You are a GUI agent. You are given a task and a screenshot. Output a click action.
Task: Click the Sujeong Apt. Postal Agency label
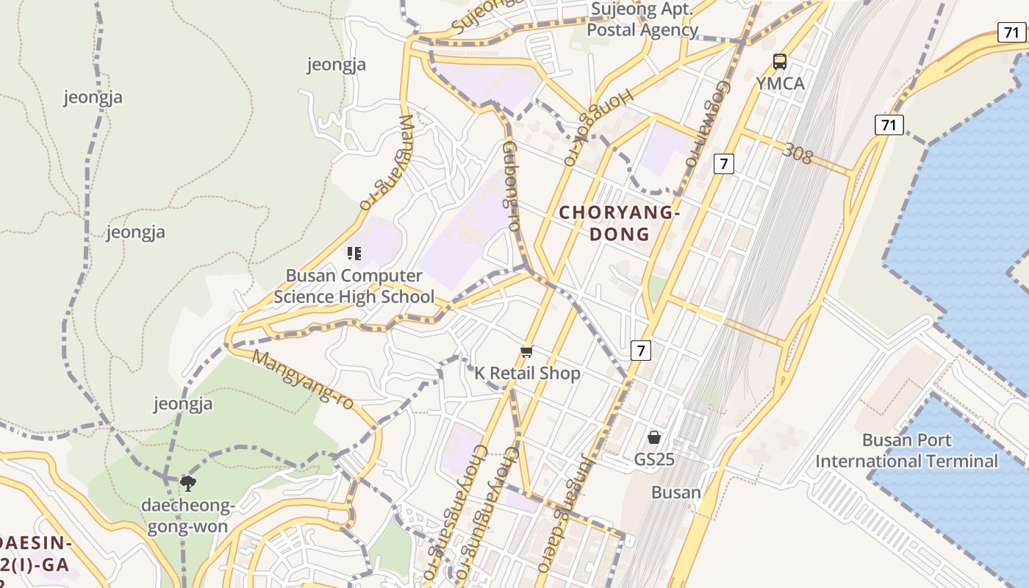click(642, 20)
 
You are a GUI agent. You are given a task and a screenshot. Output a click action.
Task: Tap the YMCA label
click(780, 84)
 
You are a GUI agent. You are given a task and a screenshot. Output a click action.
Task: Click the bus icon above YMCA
click(780, 62)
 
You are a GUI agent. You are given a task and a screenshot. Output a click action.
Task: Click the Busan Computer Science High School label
click(354, 287)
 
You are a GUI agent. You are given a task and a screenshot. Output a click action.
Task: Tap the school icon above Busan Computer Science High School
click(354, 254)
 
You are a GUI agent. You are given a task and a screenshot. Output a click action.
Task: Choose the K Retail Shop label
click(527, 373)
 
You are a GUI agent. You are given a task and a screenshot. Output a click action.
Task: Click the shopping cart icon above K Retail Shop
click(526, 352)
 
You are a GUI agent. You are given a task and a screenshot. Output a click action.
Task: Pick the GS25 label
click(654, 459)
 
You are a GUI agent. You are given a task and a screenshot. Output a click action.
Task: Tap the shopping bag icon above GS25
click(654, 437)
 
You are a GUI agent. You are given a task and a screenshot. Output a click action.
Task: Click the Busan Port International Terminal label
click(906, 451)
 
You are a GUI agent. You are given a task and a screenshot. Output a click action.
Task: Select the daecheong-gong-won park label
click(188, 516)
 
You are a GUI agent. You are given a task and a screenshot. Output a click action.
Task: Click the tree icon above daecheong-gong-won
click(188, 483)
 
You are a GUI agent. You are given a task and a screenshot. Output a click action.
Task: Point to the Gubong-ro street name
click(511, 187)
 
